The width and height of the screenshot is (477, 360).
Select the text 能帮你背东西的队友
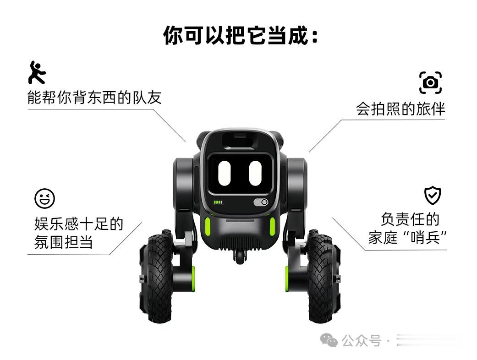tap(94, 97)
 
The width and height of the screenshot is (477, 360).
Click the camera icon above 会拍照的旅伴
tap(430, 83)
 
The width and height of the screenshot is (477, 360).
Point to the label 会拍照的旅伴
tap(400, 109)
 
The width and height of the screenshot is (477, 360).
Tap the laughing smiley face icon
tap(44, 198)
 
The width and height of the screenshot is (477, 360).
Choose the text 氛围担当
tap(63, 242)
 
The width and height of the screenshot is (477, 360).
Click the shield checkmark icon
tap(432, 196)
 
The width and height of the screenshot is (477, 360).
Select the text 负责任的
tap(409, 219)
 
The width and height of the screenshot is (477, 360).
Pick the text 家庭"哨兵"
tap(407, 238)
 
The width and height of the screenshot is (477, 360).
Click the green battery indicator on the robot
tap(218, 202)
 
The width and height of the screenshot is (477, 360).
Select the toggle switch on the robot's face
tap(260, 202)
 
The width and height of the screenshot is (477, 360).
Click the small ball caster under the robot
tap(239, 257)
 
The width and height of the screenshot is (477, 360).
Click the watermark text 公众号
tap(362, 341)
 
